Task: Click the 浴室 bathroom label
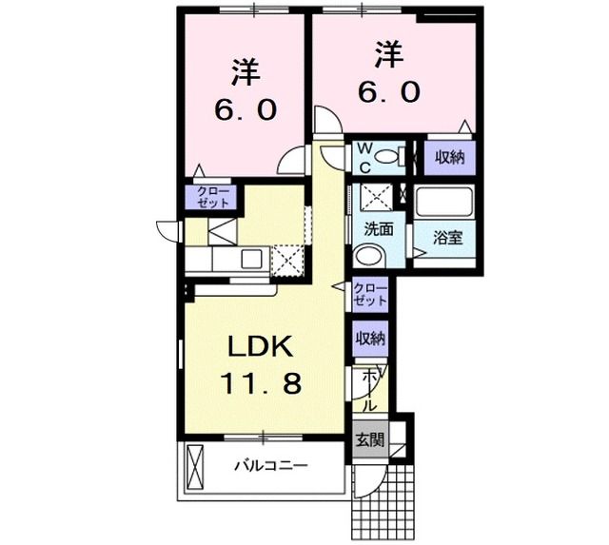pyautogui.click(x=448, y=237)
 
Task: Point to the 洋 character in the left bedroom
pyautogui.click(x=246, y=71)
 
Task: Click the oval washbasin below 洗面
pyautogui.click(x=367, y=257)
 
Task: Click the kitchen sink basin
pyautogui.click(x=253, y=257)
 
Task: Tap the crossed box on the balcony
pyautogui.click(x=196, y=466)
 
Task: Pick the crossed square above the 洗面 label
pyautogui.click(x=380, y=199)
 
